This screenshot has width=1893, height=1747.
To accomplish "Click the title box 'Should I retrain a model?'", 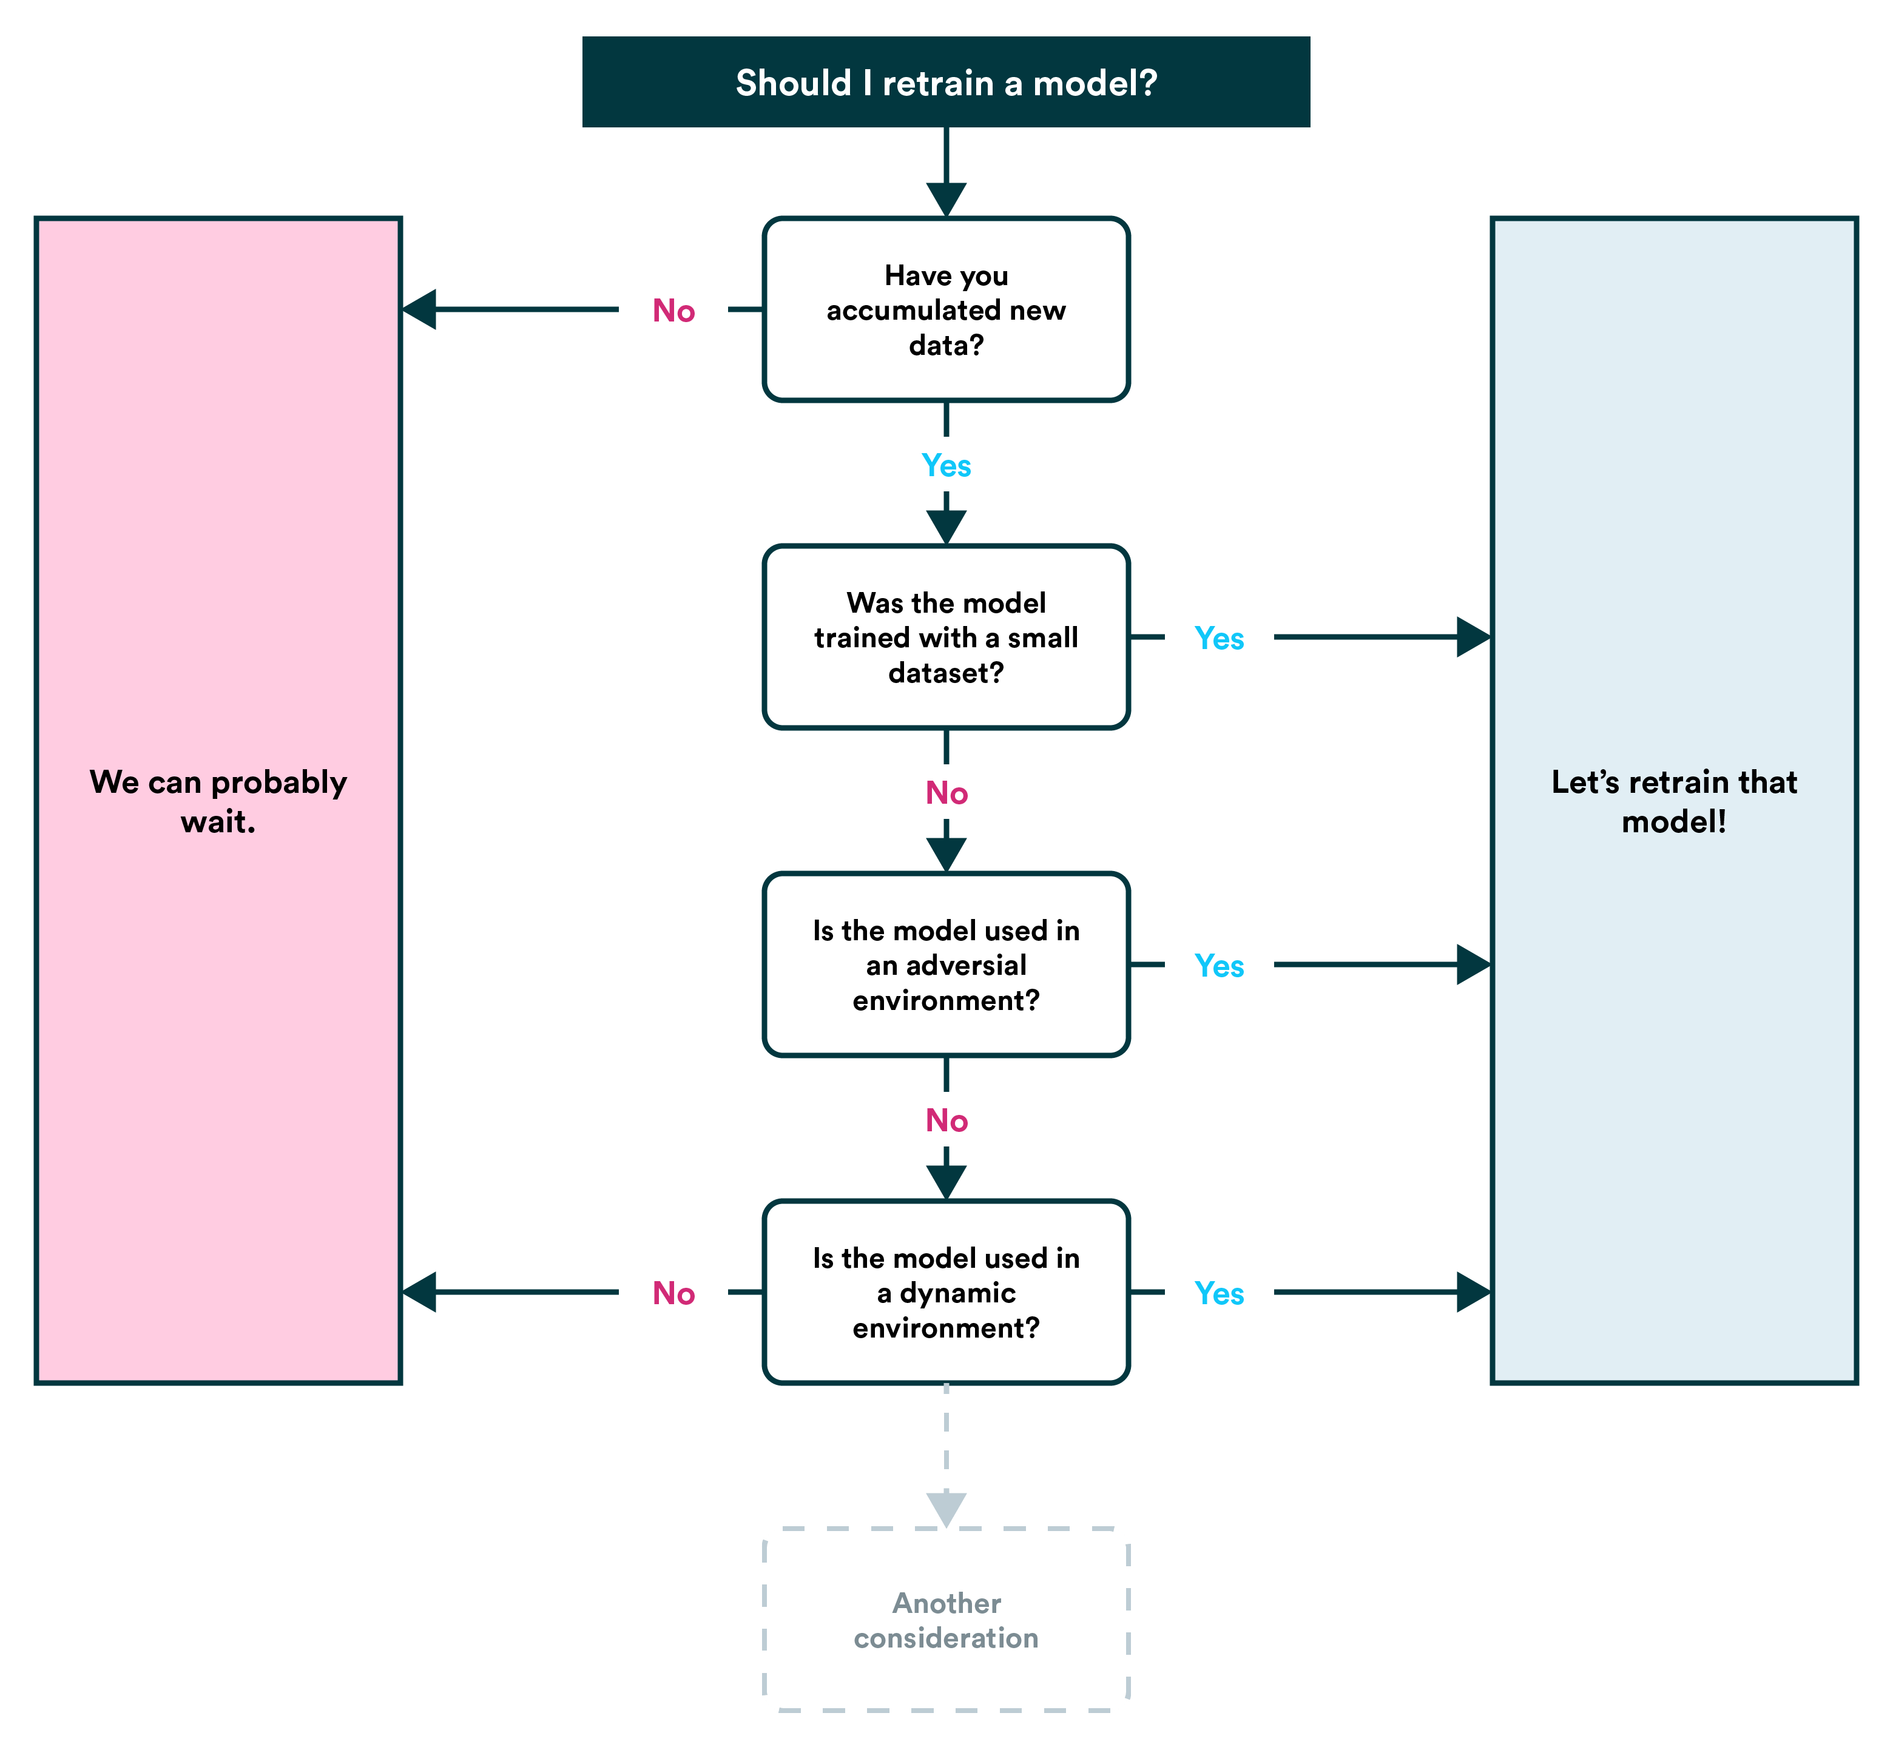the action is tap(945, 82).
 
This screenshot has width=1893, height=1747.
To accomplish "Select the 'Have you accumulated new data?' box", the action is tap(945, 310).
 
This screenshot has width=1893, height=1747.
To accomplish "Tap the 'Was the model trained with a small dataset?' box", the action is tap(945, 637).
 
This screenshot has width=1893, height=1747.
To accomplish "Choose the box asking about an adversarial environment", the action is tap(945, 965).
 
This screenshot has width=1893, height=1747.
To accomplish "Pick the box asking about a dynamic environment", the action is tap(945, 1292).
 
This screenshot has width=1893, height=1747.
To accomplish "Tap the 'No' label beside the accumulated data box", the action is tap(673, 311).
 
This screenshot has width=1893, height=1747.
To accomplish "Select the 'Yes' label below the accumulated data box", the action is tap(945, 465).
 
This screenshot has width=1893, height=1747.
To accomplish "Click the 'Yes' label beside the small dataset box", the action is tap(1219, 638).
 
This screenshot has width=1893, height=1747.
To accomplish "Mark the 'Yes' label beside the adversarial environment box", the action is tap(1219, 965).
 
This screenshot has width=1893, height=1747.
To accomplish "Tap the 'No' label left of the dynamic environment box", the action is tap(673, 1293).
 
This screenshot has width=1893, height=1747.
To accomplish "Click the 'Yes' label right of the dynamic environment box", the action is tap(1219, 1293).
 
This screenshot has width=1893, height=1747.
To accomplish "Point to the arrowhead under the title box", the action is tap(945, 200).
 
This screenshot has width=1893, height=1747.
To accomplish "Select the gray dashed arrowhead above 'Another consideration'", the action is tap(945, 1510).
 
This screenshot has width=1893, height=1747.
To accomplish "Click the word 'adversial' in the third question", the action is tap(965, 965).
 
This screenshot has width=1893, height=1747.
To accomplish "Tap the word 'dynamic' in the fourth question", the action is tap(958, 1293).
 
